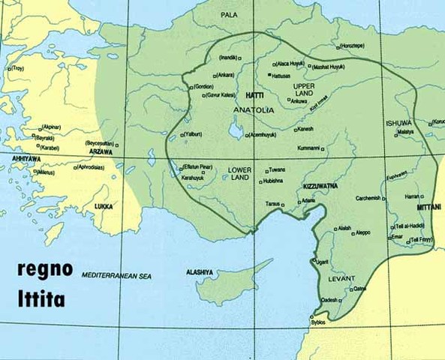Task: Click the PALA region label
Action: [229, 15]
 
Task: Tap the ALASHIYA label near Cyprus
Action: [202, 272]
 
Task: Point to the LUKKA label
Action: [103, 205]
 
